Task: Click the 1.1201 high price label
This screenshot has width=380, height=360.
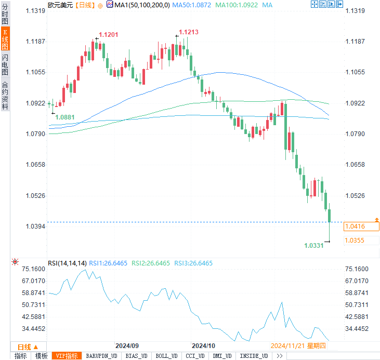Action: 108,34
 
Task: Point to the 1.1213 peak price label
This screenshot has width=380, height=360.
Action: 189,32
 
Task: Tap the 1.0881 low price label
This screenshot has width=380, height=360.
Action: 65,117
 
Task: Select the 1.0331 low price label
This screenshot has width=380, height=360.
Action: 314,245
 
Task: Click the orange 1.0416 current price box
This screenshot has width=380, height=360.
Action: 362,226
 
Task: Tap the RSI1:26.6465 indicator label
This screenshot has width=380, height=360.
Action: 108,263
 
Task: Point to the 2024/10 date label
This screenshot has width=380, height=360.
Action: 203,346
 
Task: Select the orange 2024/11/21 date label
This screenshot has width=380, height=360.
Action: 287,346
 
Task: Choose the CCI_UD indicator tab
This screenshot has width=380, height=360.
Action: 195,356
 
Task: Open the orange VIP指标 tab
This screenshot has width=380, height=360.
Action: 68,356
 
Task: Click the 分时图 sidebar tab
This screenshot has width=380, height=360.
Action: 5,13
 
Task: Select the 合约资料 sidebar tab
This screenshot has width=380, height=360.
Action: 5,95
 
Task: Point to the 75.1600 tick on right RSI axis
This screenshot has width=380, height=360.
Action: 357,269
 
